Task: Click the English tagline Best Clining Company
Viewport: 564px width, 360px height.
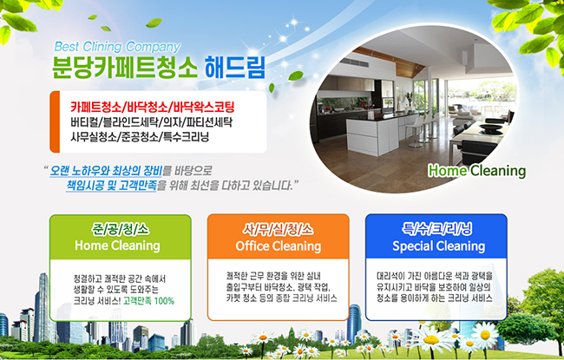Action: pos(117,47)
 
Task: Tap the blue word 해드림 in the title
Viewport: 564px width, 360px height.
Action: pos(235,67)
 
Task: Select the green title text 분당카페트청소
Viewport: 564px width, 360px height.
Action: pos(125,67)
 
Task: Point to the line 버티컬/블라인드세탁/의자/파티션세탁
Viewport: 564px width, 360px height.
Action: pos(151,122)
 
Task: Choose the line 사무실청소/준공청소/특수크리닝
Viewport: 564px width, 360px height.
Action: pos(140,137)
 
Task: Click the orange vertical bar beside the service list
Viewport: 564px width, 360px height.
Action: pos(55,121)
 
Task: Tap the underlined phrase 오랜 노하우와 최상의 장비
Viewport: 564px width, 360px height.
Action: pos(106,170)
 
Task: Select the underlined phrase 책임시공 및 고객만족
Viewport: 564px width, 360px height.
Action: pos(112,186)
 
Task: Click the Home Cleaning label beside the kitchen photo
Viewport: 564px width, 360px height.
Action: pos(477,171)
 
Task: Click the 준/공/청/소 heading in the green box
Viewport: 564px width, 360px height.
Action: pos(120,230)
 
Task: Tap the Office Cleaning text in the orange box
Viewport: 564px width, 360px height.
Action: pos(278,246)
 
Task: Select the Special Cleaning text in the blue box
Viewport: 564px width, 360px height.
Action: pos(438,246)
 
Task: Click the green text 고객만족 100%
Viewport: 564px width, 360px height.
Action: pos(148,301)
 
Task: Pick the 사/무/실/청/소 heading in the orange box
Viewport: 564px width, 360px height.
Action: pos(278,230)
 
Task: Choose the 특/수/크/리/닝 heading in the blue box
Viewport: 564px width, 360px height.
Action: pos(436,229)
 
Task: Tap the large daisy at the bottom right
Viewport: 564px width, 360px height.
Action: pos(430,339)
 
